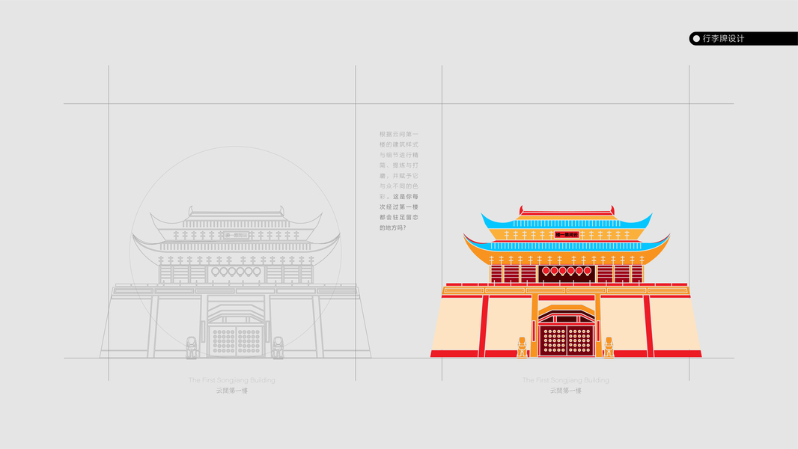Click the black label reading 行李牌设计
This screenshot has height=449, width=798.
[743, 38]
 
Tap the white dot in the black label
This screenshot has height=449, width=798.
[696, 38]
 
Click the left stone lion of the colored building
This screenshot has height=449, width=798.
[522, 347]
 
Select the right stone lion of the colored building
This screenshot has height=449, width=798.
[609, 347]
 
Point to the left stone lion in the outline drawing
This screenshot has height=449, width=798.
[192, 347]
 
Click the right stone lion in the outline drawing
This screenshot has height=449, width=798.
[278, 347]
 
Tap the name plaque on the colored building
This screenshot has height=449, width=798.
[567, 235]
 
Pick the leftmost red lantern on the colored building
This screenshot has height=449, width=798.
[546, 271]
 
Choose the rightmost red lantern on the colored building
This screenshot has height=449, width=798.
[588, 271]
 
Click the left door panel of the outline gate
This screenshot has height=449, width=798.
[223, 340]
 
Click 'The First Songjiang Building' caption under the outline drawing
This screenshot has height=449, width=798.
[231, 380]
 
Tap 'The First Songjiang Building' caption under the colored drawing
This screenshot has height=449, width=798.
[565, 380]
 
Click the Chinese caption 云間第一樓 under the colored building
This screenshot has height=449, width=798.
[565, 391]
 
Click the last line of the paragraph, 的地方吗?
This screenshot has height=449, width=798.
[393, 227]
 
